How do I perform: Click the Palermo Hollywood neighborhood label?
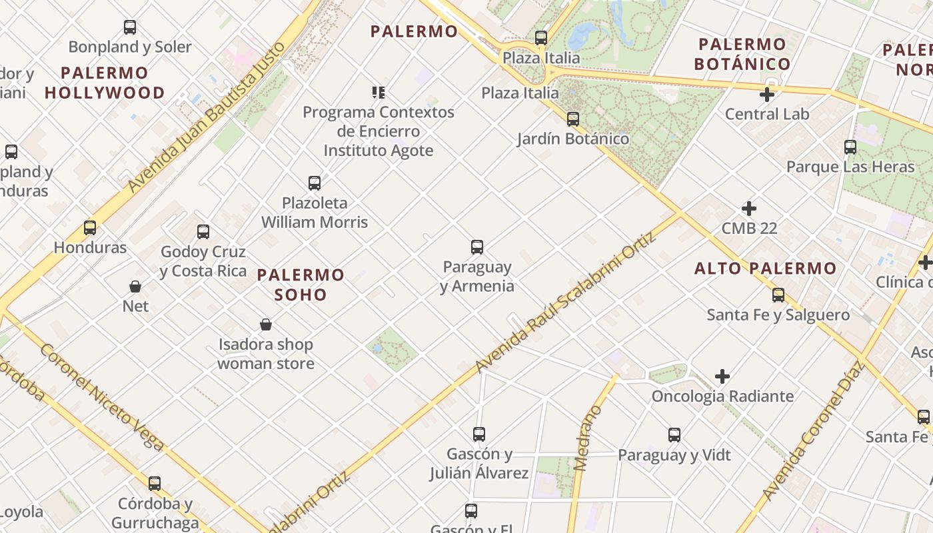[105, 83]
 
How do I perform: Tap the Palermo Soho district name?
[301, 284]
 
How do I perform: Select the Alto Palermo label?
[765, 268]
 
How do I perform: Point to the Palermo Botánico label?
[742, 55]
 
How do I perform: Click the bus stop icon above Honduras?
[90, 228]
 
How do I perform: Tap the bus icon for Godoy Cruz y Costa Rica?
[203, 232]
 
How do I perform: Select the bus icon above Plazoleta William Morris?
[315, 183]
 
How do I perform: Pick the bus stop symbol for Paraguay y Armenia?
[477, 247]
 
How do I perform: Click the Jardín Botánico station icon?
[573, 119]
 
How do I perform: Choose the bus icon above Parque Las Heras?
[850, 147]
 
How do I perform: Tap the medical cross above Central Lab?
[767, 95]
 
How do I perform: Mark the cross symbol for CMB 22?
[749, 209]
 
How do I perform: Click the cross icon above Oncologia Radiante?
[722, 376]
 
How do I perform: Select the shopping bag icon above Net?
[135, 286]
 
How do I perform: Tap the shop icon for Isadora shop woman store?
[266, 324]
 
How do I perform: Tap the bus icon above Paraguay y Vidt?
[674, 435]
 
